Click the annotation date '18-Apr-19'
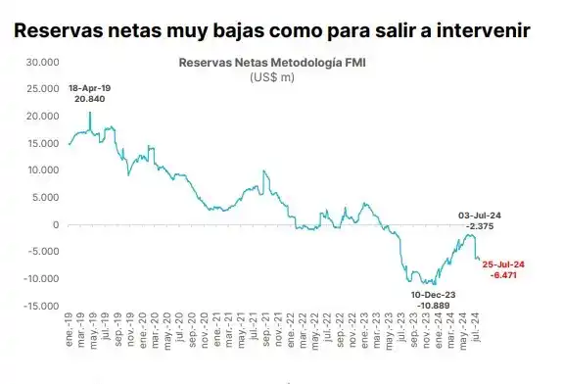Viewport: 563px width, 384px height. coord(89,88)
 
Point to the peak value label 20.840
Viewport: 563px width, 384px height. coord(89,100)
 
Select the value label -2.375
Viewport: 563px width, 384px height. coord(480,225)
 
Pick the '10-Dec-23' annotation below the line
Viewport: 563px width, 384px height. coord(434,294)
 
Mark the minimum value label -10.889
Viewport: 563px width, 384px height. coord(434,306)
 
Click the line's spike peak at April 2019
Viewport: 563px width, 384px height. coord(90,112)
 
